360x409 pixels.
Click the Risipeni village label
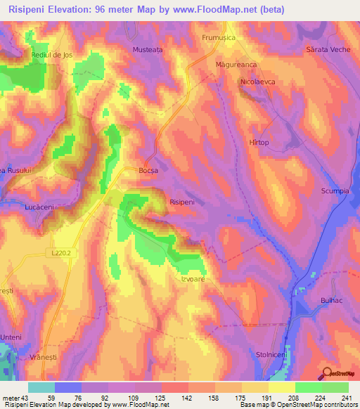click(182, 202)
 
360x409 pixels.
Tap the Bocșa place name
click(148, 171)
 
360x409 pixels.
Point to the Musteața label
click(148, 50)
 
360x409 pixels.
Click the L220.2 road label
click(61, 251)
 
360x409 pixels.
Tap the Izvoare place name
click(188, 278)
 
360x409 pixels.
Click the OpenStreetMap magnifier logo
click(327, 374)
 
